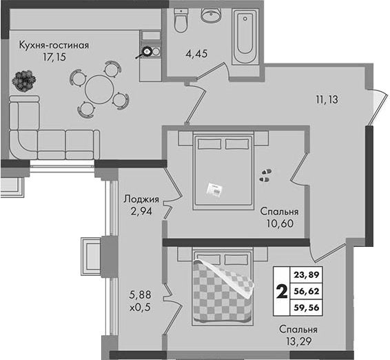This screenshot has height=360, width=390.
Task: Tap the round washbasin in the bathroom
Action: [x=211, y=15]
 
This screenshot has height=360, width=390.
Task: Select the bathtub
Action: [x=245, y=36]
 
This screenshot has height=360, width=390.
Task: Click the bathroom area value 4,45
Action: [x=196, y=54]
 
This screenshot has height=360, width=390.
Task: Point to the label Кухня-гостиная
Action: [x=54, y=46]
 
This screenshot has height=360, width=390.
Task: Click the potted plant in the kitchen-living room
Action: [x=24, y=80]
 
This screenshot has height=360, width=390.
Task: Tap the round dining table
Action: [x=99, y=90]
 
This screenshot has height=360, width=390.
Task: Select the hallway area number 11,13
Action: [x=327, y=99]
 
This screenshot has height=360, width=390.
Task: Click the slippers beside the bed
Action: [x=265, y=176]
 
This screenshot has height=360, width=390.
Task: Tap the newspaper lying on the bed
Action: [x=214, y=190]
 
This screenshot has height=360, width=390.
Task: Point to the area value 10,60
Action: [x=280, y=223]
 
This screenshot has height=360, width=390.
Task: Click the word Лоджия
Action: [x=141, y=199]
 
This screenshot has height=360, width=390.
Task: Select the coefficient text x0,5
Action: [x=140, y=308]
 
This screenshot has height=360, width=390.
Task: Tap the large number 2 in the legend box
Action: [x=282, y=292]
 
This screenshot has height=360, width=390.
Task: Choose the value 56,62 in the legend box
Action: [x=307, y=291]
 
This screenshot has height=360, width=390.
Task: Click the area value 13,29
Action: [x=298, y=341]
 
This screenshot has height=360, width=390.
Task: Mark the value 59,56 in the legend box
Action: [x=307, y=308]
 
